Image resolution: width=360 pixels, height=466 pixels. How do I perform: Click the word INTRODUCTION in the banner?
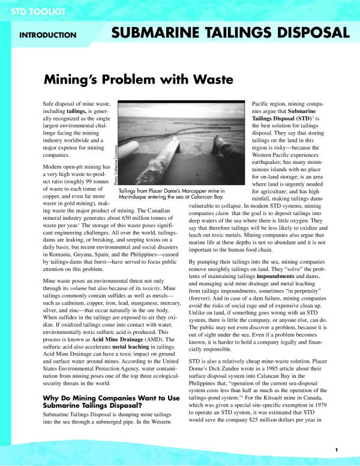(47, 35)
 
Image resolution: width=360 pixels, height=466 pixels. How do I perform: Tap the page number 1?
(337, 450)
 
